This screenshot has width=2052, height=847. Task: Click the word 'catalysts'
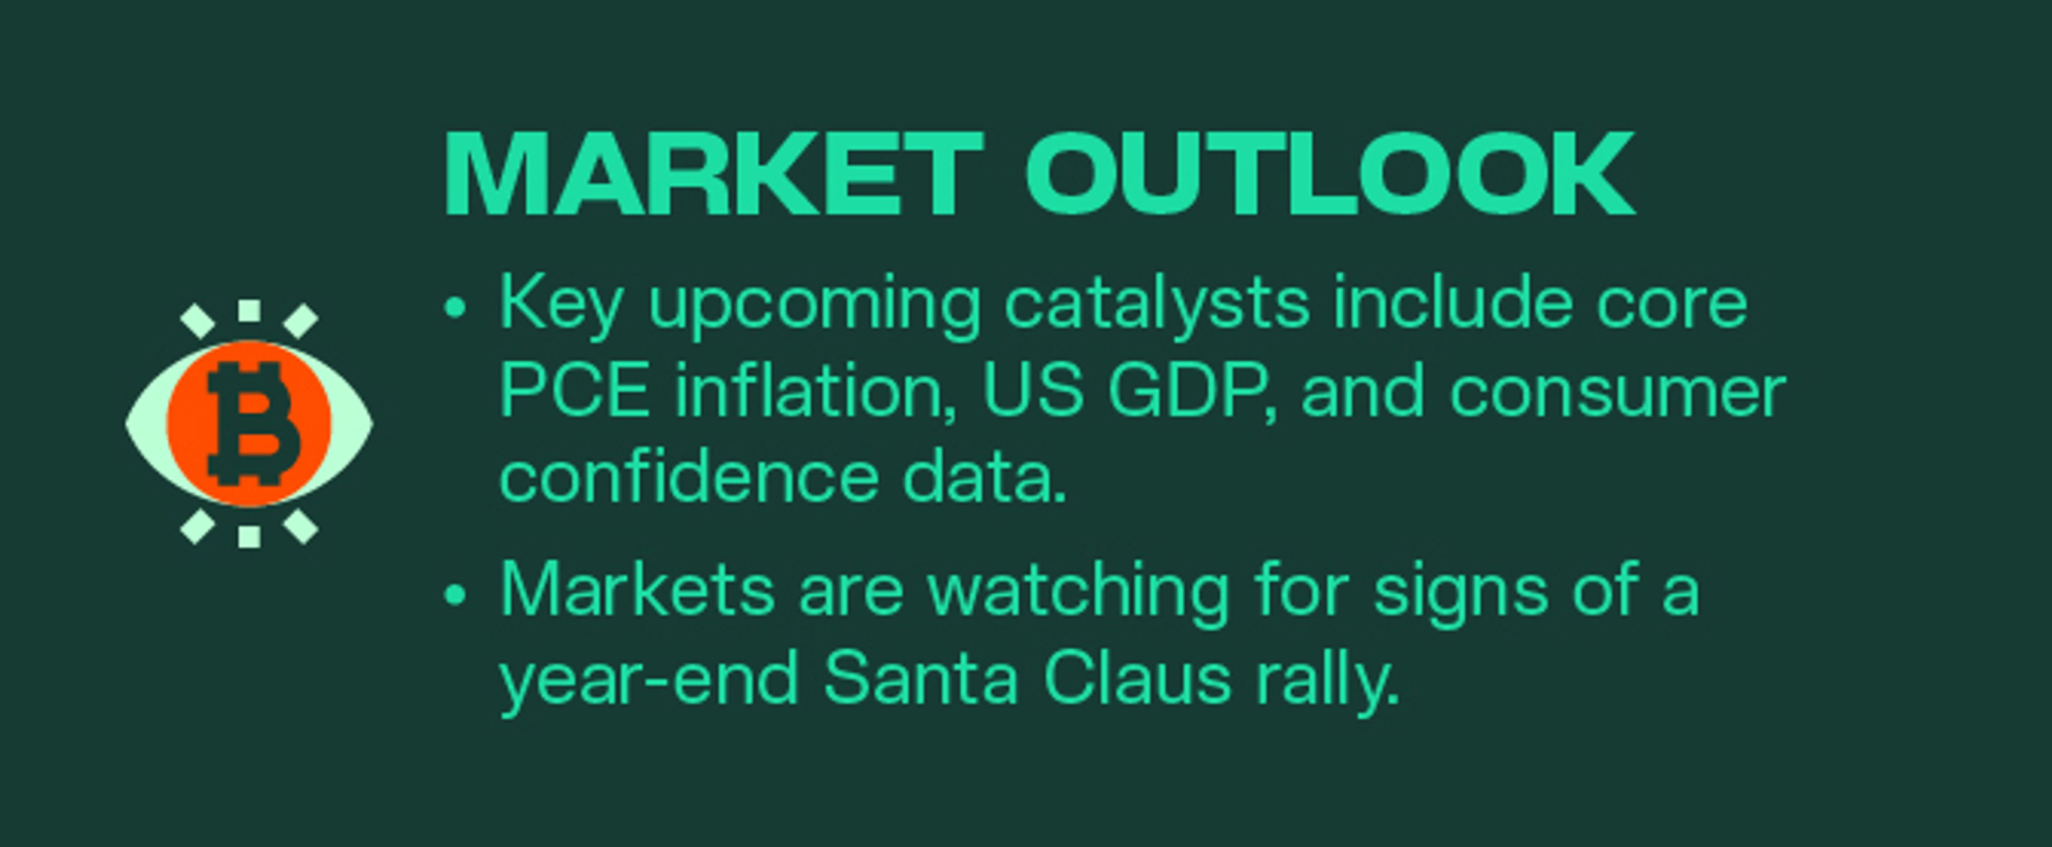(x=1156, y=305)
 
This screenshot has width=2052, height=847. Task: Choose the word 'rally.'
(x=1328, y=680)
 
